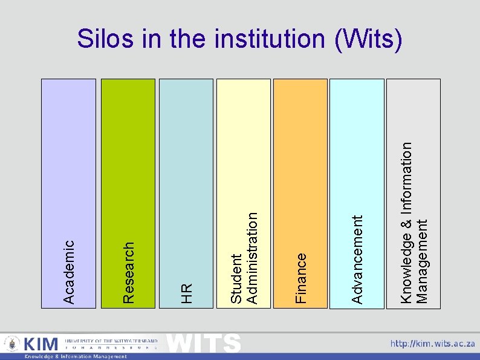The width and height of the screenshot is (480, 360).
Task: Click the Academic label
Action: (x=69, y=272)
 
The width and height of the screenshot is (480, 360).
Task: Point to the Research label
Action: (x=128, y=272)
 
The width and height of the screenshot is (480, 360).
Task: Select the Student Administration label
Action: (x=245, y=257)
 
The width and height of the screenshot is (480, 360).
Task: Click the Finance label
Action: (x=301, y=278)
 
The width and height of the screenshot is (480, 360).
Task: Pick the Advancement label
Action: (x=357, y=260)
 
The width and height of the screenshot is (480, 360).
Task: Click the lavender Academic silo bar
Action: (x=69, y=151)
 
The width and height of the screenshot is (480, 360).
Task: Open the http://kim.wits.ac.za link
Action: (x=432, y=344)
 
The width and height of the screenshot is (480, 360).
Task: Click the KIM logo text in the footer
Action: (x=41, y=344)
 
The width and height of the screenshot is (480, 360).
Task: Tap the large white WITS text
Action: (x=204, y=343)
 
